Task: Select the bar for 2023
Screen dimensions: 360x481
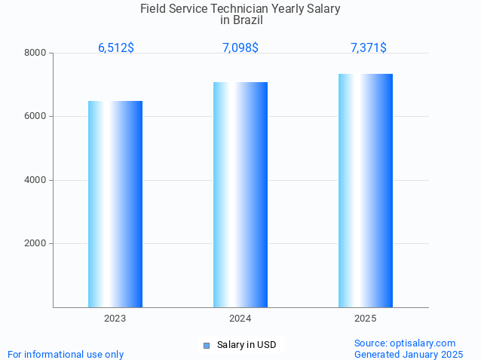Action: (x=115, y=204)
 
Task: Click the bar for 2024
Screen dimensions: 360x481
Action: (x=240, y=194)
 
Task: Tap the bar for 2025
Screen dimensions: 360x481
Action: (x=366, y=191)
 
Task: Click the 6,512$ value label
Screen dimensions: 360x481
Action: (x=116, y=48)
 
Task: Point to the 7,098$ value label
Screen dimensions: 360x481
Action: (x=240, y=48)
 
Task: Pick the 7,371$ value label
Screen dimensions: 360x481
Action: (x=369, y=48)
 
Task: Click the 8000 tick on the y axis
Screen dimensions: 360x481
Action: (x=35, y=53)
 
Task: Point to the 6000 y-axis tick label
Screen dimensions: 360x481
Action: (x=35, y=117)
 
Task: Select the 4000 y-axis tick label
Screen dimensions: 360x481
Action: (x=35, y=180)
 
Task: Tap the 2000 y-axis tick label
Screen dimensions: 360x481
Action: (x=35, y=244)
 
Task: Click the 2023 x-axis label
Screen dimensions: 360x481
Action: (x=115, y=319)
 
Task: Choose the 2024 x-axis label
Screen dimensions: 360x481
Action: (x=240, y=319)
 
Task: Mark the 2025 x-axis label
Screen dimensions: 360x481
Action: (x=366, y=319)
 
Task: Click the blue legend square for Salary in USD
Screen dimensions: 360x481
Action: (x=207, y=346)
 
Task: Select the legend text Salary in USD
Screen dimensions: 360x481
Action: (x=247, y=346)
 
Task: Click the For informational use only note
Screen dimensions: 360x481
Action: (x=66, y=354)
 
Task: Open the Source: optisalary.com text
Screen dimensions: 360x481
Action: (x=405, y=343)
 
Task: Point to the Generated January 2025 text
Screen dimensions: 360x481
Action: (x=409, y=354)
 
